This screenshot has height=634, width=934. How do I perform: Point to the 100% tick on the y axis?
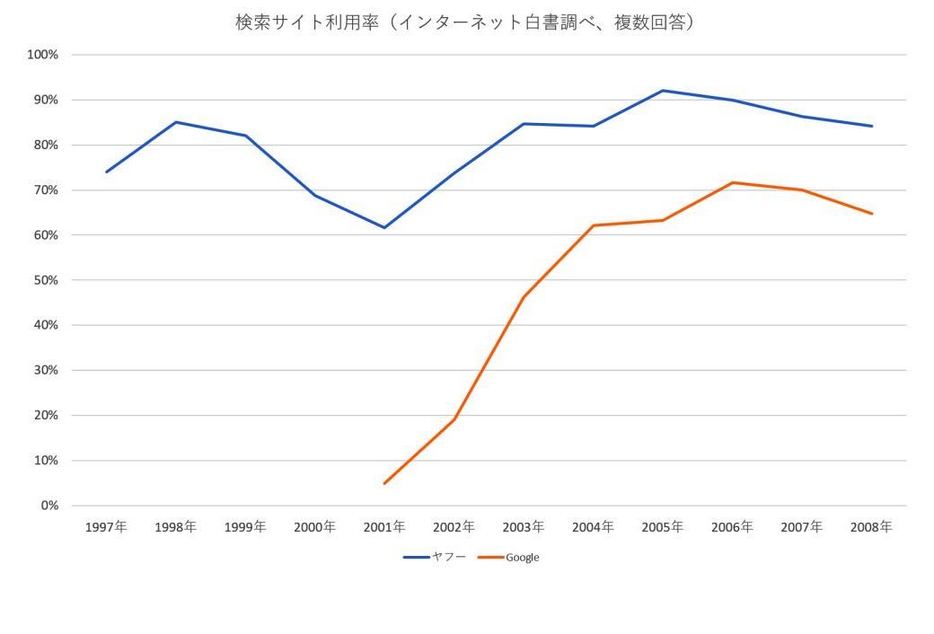click(x=43, y=55)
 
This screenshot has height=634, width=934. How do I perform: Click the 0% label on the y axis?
click(x=49, y=506)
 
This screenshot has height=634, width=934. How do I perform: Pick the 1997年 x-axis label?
click(x=106, y=527)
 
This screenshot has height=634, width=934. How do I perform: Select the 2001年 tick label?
click(x=384, y=527)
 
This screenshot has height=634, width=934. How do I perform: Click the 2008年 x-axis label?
click(x=871, y=527)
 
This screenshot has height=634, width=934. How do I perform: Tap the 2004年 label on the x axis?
click(x=593, y=527)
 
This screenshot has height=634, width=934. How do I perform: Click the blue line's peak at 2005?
click(x=663, y=91)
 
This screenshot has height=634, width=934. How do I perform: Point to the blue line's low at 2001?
click(x=384, y=227)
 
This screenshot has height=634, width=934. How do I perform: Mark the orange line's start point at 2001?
click(x=384, y=483)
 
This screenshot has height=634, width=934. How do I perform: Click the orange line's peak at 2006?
click(x=733, y=182)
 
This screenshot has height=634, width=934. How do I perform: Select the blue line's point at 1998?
click(x=176, y=122)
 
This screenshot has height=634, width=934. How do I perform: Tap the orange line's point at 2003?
click(x=524, y=297)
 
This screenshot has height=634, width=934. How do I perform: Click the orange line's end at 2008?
click(x=872, y=214)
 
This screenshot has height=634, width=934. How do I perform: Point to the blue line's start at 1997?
click(x=106, y=172)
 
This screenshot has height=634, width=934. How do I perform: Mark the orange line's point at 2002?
click(x=454, y=419)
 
